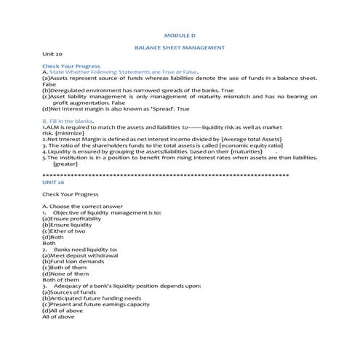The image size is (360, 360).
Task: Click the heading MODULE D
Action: [x=180, y=35]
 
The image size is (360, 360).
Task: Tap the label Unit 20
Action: [x=52, y=54]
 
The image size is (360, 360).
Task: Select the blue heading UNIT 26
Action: [x=54, y=182]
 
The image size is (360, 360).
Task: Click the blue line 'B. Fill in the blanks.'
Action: [x=68, y=121]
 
